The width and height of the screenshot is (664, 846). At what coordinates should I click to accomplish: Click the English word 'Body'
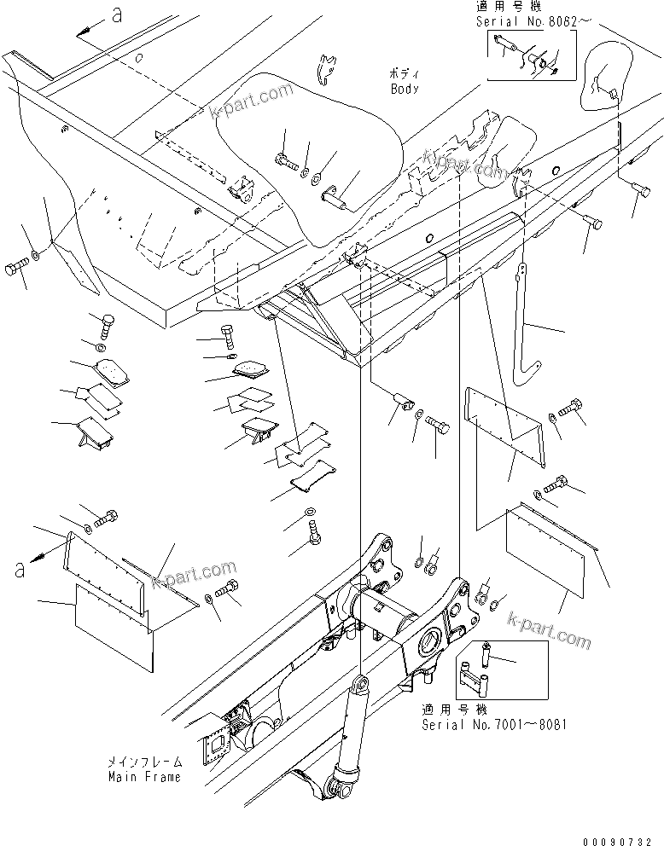click(x=405, y=88)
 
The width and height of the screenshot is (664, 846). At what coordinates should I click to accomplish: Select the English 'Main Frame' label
click(x=144, y=777)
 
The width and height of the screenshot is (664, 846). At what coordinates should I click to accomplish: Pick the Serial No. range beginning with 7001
click(x=493, y=725)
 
